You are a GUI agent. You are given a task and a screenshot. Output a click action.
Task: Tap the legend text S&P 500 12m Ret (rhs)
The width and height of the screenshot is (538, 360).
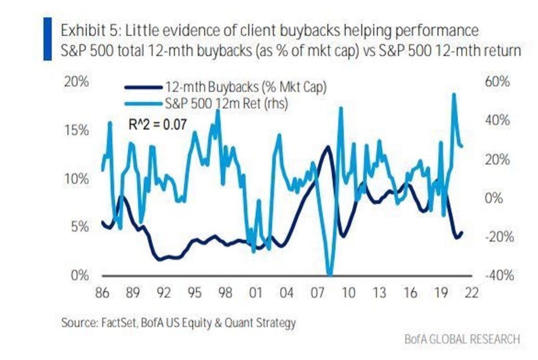tap(226, 104)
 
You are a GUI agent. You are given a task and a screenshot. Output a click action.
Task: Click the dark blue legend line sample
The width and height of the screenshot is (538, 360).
tap(143, 87)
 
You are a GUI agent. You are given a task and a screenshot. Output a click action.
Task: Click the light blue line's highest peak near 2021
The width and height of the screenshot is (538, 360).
tap(453, 95)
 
